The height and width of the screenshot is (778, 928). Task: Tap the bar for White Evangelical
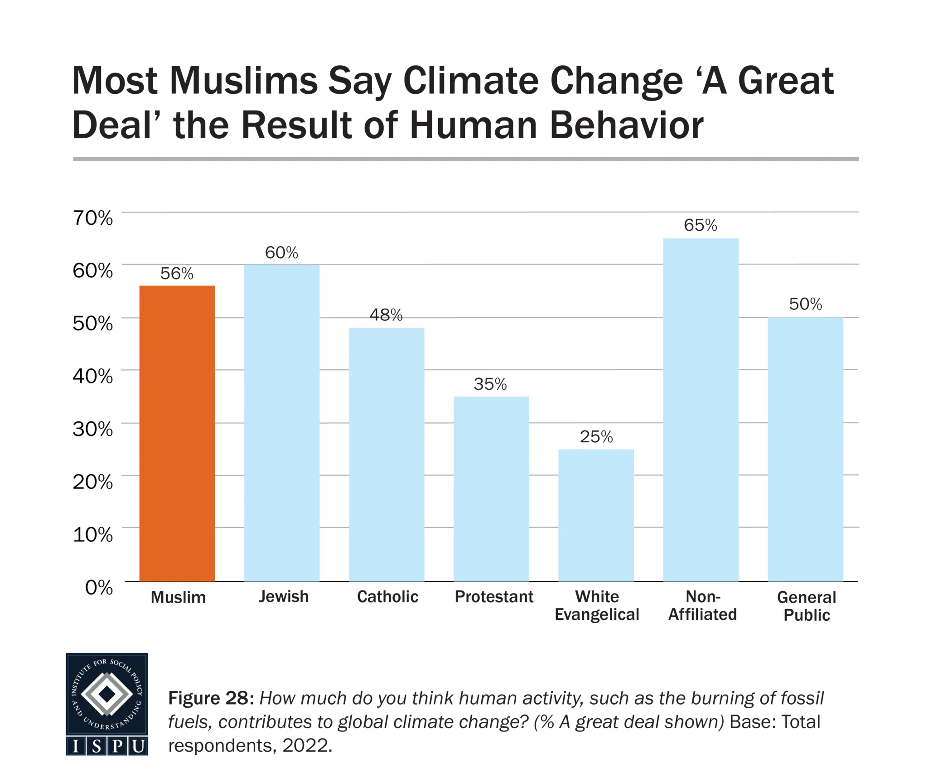pos(596,515)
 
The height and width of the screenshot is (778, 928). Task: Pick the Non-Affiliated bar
pos(701,410)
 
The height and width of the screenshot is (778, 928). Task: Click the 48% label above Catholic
pos(386,315)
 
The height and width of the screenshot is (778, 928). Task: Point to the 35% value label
pos(490,384)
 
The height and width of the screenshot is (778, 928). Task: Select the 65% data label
pos(701,225)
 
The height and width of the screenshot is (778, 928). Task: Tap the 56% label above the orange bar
pos(177,274)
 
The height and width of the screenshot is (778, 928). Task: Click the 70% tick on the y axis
pos(92,218)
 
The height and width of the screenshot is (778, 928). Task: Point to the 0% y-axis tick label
pos(99,588)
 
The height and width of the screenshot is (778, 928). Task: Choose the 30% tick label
pos(92,429)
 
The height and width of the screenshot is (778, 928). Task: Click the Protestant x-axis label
pos(494,597)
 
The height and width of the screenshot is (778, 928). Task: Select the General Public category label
pos(807,606)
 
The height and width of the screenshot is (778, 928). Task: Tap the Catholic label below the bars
pos(387,597)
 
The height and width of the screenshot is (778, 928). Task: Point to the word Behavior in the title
pos(626,125)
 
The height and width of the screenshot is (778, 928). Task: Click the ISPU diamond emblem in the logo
pos(107,694)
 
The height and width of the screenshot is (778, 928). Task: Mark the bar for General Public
pos(805,449)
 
